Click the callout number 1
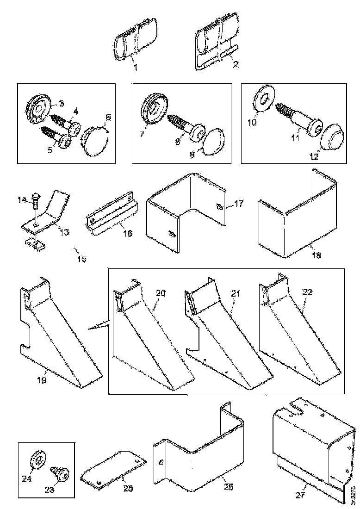click(x=136, y=68)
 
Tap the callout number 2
click(x=236, y=65)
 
